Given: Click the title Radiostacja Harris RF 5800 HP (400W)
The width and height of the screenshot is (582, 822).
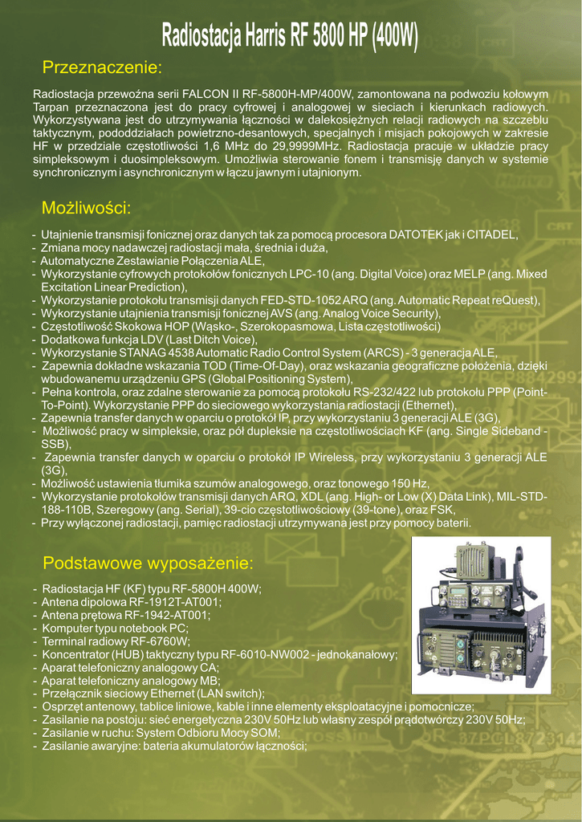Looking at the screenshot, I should [291, 35].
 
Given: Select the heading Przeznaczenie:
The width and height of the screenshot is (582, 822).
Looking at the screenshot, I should [102, 66].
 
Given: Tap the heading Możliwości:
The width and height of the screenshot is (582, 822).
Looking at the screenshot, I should [86, 209].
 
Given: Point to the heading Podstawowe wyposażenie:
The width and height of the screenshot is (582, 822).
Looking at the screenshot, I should [148, 562].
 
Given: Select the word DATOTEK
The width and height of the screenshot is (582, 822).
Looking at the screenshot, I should [421, 235].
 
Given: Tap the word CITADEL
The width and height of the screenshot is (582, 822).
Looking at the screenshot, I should [492, 235].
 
